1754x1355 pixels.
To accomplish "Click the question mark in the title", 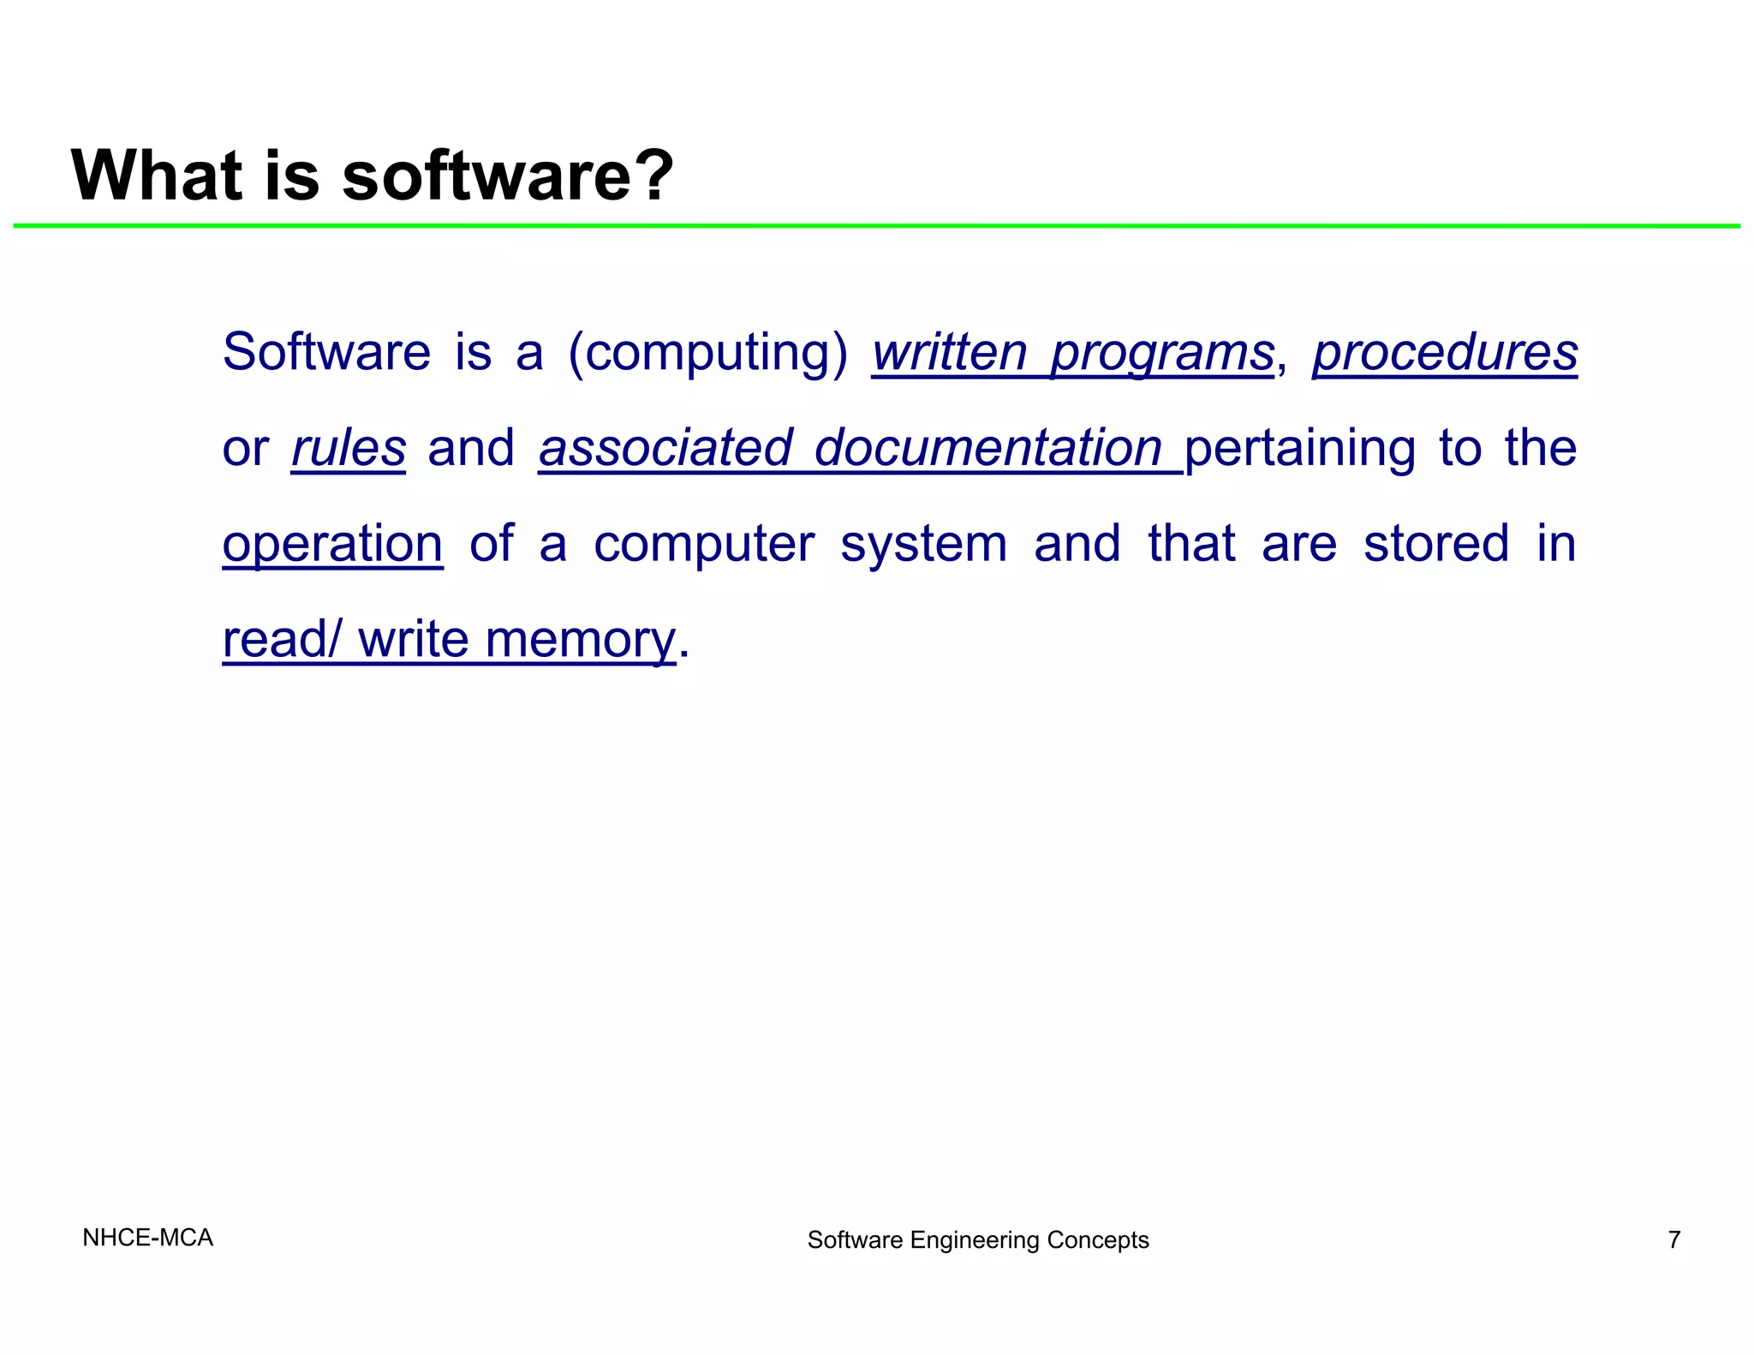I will point(650,176).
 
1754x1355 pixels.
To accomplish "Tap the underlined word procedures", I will point(1445,353).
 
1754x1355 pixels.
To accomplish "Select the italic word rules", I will point(349,448).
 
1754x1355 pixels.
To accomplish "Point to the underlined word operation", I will point(332,545).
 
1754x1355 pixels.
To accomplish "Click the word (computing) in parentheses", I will point(708,353).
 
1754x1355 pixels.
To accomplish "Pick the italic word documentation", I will point(987,448).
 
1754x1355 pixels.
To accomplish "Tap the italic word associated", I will point(665,448).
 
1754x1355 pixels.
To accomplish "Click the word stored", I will point(1436,544).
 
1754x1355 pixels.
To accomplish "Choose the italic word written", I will point(949,353).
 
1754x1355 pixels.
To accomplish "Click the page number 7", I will point(1674,1239).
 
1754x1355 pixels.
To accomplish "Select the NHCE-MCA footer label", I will point(147,1238).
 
